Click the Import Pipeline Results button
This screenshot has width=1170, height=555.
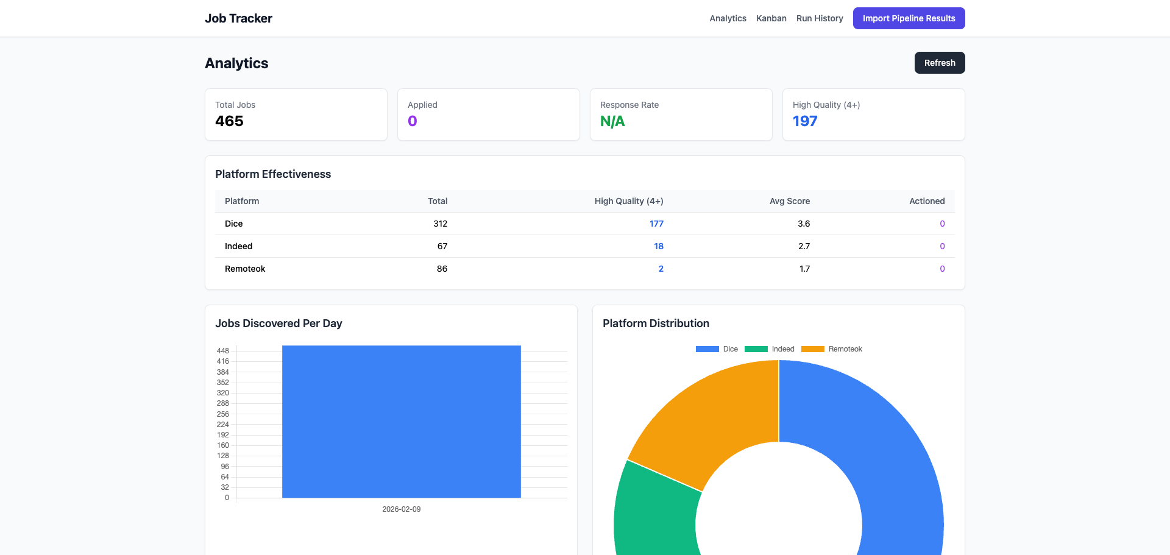tap(909, 18)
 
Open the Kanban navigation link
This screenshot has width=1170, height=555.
tap(771, 18)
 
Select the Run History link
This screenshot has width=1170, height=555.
tap(819, 18)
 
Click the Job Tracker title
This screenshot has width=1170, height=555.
tap(238, 18)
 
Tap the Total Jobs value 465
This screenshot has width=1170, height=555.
tap(229, 121)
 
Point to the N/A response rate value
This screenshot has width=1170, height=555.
tap(612, 121)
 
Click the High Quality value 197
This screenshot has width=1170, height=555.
tap(804, 121)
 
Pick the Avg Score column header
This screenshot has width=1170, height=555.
tap(789, 201)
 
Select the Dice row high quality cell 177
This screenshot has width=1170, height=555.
tap(656, 224)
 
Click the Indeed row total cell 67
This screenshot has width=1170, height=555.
tap(442, 246)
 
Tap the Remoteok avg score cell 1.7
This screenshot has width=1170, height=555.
tap(804, 269)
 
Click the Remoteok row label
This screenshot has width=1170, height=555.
tap(245, 269)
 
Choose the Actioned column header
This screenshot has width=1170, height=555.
tap(926, 201)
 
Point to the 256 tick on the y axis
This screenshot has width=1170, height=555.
tap(222, 414)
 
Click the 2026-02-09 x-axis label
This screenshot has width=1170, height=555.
tap(401, 509)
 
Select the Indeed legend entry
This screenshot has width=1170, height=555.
tap(770, 349)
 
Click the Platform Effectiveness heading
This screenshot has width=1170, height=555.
tap(273, 174)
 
